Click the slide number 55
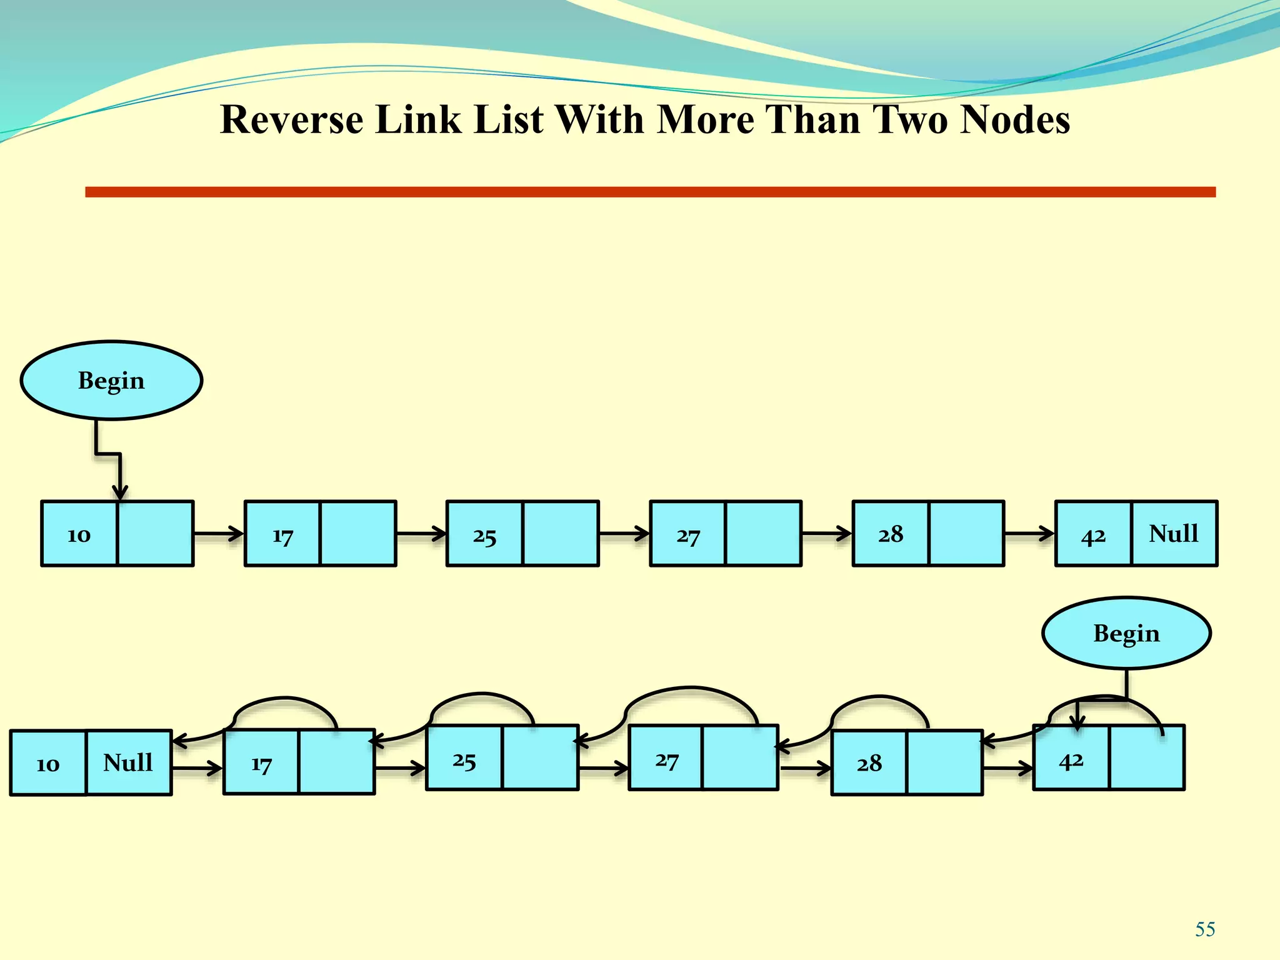point(1205,929)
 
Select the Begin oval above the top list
point(111,380)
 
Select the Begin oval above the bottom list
point(1126,633)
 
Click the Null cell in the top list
point(1174,533)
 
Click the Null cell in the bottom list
point(128,762)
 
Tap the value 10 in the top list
point(79,534)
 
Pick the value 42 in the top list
point(1093,536)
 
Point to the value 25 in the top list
point(484,536)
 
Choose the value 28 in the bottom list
point(869,763)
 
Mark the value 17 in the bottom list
point(261,763)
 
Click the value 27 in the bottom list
point(666,760)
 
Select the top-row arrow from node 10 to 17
point(218,534)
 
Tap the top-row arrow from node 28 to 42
point(1029,534)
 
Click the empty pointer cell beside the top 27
point(763,533)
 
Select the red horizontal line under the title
point(650,192)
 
